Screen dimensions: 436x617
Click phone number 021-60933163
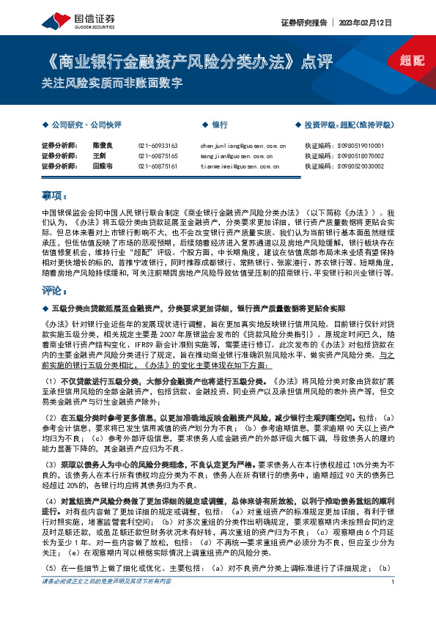coord(158,146)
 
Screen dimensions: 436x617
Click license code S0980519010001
coord(355,146)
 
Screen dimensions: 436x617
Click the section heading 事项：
coord(54,196)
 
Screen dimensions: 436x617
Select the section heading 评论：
coord(54,289)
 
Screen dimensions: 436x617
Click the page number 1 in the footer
coord(393,602)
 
